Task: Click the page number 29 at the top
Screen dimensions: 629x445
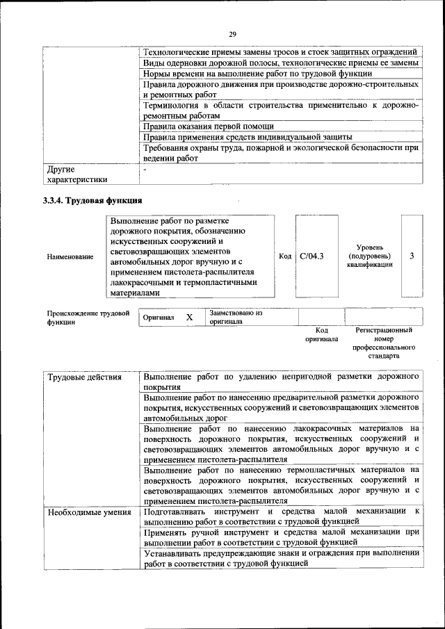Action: tap(232, 33)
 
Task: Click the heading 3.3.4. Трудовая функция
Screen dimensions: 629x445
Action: tap(93, 201)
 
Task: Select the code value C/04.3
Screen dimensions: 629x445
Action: tap(311, 256)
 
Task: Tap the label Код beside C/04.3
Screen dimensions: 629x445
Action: tap(285, 256)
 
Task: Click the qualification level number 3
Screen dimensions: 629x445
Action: tap(412, 256)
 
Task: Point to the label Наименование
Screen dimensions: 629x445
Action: tap(70, 257)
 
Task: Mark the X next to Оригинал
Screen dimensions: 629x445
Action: tap(189, 318)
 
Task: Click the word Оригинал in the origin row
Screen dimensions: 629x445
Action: tap(158, 318)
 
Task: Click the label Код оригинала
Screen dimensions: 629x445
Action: tap(321, 335)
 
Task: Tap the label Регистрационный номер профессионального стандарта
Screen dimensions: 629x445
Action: tap(384, 343)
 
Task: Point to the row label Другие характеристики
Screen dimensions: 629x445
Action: tap(76, 174)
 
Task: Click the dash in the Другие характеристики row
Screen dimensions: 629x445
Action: tap(145, 169)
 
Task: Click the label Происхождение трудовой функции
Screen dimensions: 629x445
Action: tap(88, 318)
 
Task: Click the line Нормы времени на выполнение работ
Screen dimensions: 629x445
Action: tap(257, 73)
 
